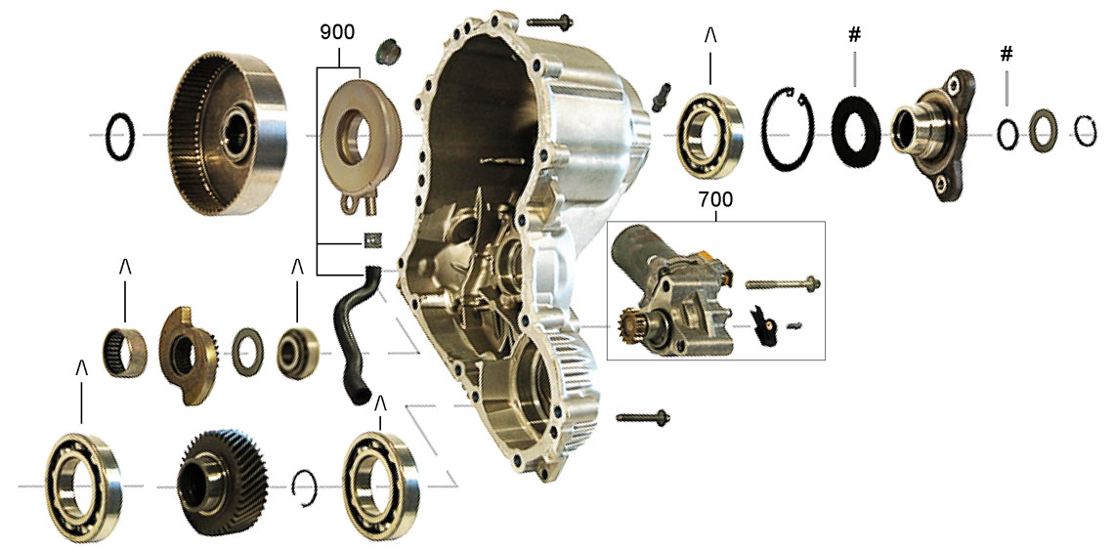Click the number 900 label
pyautogui.click(x=337, y=32)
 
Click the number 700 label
pyautogui.click(x=715, y=200)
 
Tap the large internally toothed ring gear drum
pyautogui.click(x=228, y=134)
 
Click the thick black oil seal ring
pyautogui.click(x=855, y=132)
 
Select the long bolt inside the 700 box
pyautogui.click(x=783, y=284)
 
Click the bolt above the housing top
pyautogui.click(x=550, y=21)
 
